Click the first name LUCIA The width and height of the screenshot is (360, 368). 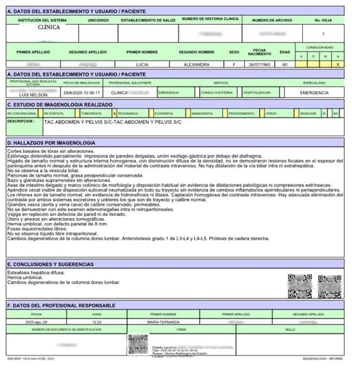click(x=142, y=63)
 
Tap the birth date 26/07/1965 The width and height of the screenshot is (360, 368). click(x=260, y=63)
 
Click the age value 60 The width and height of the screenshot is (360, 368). click(x=285, y=63)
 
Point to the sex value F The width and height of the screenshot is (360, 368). click(x=234, y=63)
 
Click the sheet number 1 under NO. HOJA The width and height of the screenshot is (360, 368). click(x=323, y=32)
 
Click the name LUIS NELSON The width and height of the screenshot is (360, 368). click(x=33, y=94)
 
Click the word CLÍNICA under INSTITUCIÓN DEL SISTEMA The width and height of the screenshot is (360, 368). click(x=48, y=28)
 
